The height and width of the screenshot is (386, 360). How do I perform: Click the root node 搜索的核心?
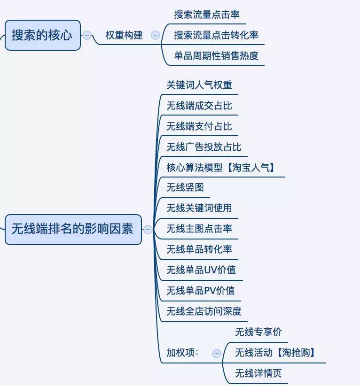pyautogui.click(x=42, y=35)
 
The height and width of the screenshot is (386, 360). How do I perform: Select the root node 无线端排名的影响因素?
pyautogui.click(x=73, y=229)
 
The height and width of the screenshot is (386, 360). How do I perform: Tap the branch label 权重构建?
pyautogui.click(x=124, y=35)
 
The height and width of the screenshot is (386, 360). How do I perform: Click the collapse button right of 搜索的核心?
pyautogui.click(x=87, y=35)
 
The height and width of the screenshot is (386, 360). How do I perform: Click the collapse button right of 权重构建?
pyautogui.click(x=156, y=35)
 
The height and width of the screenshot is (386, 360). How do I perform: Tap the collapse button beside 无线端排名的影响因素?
pyautogui.click(x=148, y=230)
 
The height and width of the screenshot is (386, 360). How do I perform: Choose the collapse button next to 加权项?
pyautogui.click(x=217, y=354)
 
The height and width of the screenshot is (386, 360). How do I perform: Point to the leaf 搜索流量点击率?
pyautogui.click(x=207, y=15)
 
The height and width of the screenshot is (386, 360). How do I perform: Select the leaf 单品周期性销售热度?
pyautogui.click(x=216, y=56)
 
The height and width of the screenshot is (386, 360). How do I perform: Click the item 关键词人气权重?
pyautogui.click(x=199, y=85)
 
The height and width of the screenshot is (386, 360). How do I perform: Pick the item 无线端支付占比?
pyautogui.click(x=199, y=126)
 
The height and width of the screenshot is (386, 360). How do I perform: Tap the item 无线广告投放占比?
pyautogui.click(x=204, y=147)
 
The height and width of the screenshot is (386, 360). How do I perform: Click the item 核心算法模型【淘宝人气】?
pyautogui.click(x=221, y=168)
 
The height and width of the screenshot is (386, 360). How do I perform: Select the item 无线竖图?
pyautogui.click(x=185, y=188)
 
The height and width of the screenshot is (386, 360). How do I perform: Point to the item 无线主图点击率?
pyautogui.click(x=199, y=229)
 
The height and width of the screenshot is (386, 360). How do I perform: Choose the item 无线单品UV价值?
pyautogui.click(x=201, y=270)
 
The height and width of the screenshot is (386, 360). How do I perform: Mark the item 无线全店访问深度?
pyautogui.click(x=204, y=311)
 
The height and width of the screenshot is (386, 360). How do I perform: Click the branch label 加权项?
pyautogui.click(x=183, y=353)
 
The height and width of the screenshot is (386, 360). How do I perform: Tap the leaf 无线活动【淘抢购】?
pyautogui.click(x=275, y=353)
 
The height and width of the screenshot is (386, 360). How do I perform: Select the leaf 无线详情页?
pyautogui.click(x=258, y=374)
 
